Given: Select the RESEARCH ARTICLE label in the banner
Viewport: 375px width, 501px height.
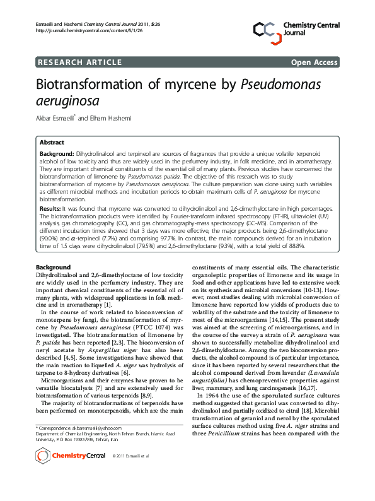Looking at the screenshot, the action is pyautogui.click(x=80, y=62).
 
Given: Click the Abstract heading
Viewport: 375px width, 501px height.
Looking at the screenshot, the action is pyautogui.click(x=52, y=143).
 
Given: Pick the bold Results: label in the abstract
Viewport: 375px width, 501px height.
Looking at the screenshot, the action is pyautogui.click(x=50, y=206).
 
